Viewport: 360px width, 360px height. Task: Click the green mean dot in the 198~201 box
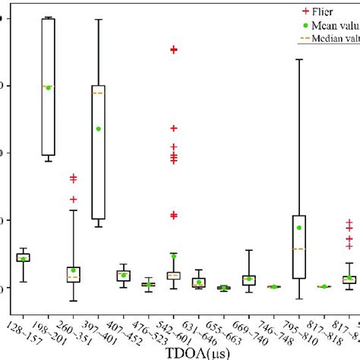point(48,87)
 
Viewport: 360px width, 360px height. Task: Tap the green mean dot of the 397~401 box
point(98,128)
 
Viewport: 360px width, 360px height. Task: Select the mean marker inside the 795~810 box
point(299,228)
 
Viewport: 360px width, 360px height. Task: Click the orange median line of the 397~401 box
point(98,93)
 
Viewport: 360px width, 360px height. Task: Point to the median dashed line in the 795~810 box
point(299,248)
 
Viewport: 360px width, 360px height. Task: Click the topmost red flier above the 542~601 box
point(173,49)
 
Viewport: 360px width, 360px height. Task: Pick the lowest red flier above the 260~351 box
point(73,199)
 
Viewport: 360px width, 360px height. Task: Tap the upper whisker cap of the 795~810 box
point(299,59)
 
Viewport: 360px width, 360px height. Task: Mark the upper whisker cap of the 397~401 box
point(98,19)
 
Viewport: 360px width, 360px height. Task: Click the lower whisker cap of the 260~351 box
point(73,301)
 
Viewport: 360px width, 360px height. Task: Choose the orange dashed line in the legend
point(285,39)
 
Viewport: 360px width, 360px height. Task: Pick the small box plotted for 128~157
point(23,257)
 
